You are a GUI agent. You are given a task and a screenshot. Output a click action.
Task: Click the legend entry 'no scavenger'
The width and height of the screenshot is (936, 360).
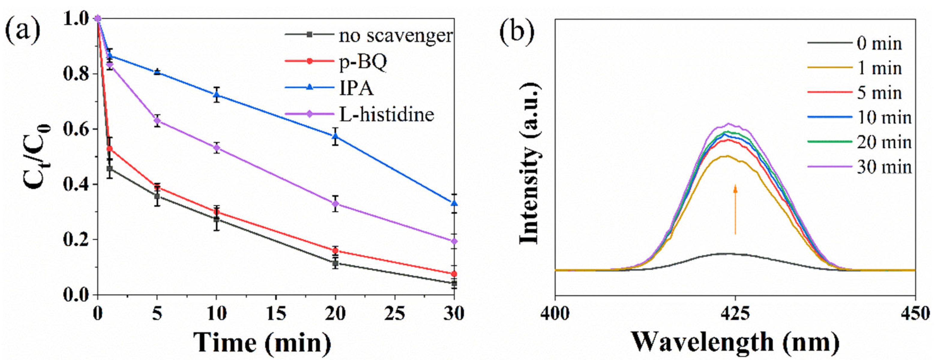point(395,36)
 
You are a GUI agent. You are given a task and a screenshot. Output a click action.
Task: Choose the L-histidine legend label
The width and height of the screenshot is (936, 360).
point(386,114)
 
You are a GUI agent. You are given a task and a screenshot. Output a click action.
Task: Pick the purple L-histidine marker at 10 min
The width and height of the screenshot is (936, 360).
point(217,148)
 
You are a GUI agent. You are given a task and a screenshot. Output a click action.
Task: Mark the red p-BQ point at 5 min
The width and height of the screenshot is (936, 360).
point(157,187)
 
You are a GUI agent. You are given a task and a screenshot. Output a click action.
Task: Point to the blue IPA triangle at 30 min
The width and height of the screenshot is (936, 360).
point(454,203)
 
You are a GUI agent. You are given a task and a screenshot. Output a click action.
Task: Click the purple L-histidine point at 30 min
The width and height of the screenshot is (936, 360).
point(454,241)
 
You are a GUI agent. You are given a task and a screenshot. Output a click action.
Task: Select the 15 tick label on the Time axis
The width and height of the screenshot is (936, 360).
point(276,313)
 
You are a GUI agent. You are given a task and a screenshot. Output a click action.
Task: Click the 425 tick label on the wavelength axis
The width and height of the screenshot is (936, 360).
point(735,313)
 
